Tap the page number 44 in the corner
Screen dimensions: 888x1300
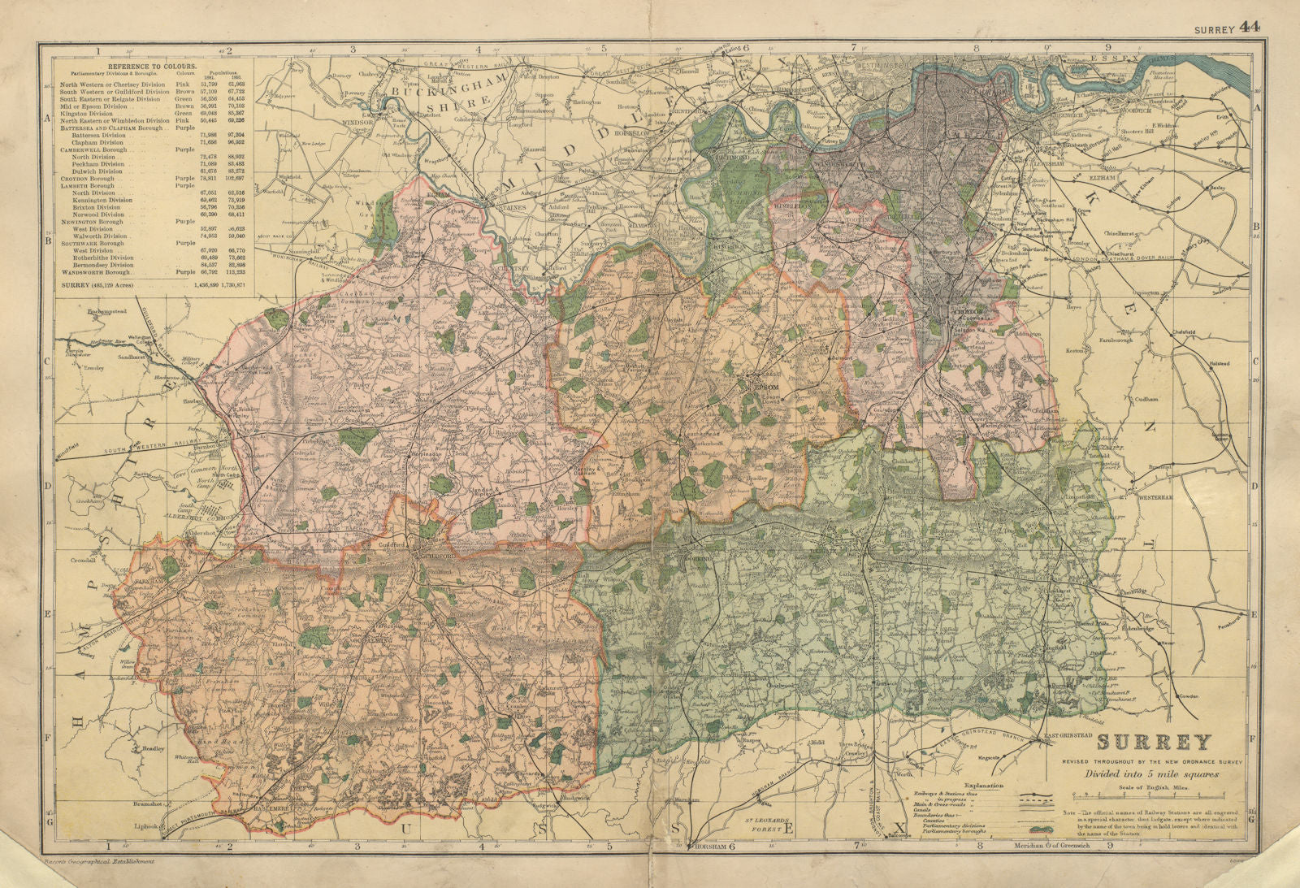point(1250,28)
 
